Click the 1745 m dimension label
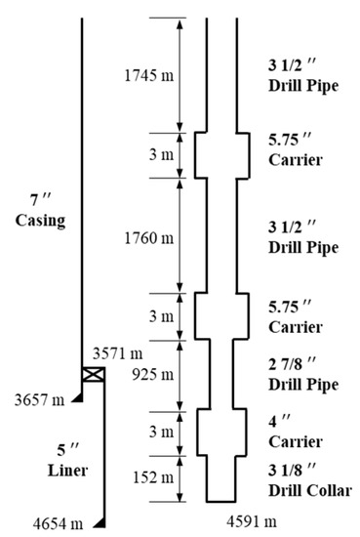[149, 75]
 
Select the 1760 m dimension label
[149, 238]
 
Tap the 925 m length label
[153, 375]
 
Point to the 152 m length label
[153, 477]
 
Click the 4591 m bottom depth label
[252, 521]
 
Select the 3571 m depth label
[118, 353]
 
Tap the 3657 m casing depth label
[39, 399]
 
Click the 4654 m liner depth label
[58, 524]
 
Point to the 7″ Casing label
[40, 210]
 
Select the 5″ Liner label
[67, 460]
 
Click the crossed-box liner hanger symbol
[94, 374]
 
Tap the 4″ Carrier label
[296, 432]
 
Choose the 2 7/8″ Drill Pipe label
[303, 374]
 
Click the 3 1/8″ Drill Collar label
[310, 480]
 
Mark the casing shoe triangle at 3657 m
[77, 397]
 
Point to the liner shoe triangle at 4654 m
[100, 522]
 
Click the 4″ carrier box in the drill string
[221, 433]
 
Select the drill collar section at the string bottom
[221, 479]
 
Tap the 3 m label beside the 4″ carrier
[161, 432]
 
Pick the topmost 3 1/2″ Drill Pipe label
[303, 75]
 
